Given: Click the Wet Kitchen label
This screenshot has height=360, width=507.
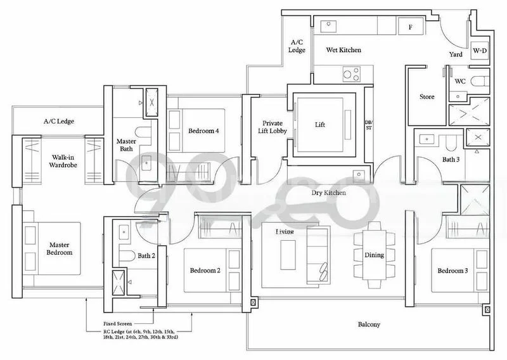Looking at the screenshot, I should tap(343, 49).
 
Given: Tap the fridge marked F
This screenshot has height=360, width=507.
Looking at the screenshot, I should tap(410, 27).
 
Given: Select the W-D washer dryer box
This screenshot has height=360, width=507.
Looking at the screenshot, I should tap(480, 50).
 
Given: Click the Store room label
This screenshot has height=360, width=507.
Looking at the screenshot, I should tap(427, 97).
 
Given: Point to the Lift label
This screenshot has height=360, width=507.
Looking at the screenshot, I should tap(320, 125).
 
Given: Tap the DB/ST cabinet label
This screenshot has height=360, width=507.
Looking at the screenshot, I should tap(369, 124).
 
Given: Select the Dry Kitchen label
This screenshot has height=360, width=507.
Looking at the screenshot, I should tap(328, 193).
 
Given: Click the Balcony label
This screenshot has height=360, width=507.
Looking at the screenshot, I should tap(368, 325).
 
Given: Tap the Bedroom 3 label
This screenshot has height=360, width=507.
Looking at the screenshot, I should tap(452, 271).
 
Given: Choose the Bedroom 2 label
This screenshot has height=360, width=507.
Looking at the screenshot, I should tap(205, 271).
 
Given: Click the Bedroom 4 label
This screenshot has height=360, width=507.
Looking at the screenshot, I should tap(203, 131).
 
